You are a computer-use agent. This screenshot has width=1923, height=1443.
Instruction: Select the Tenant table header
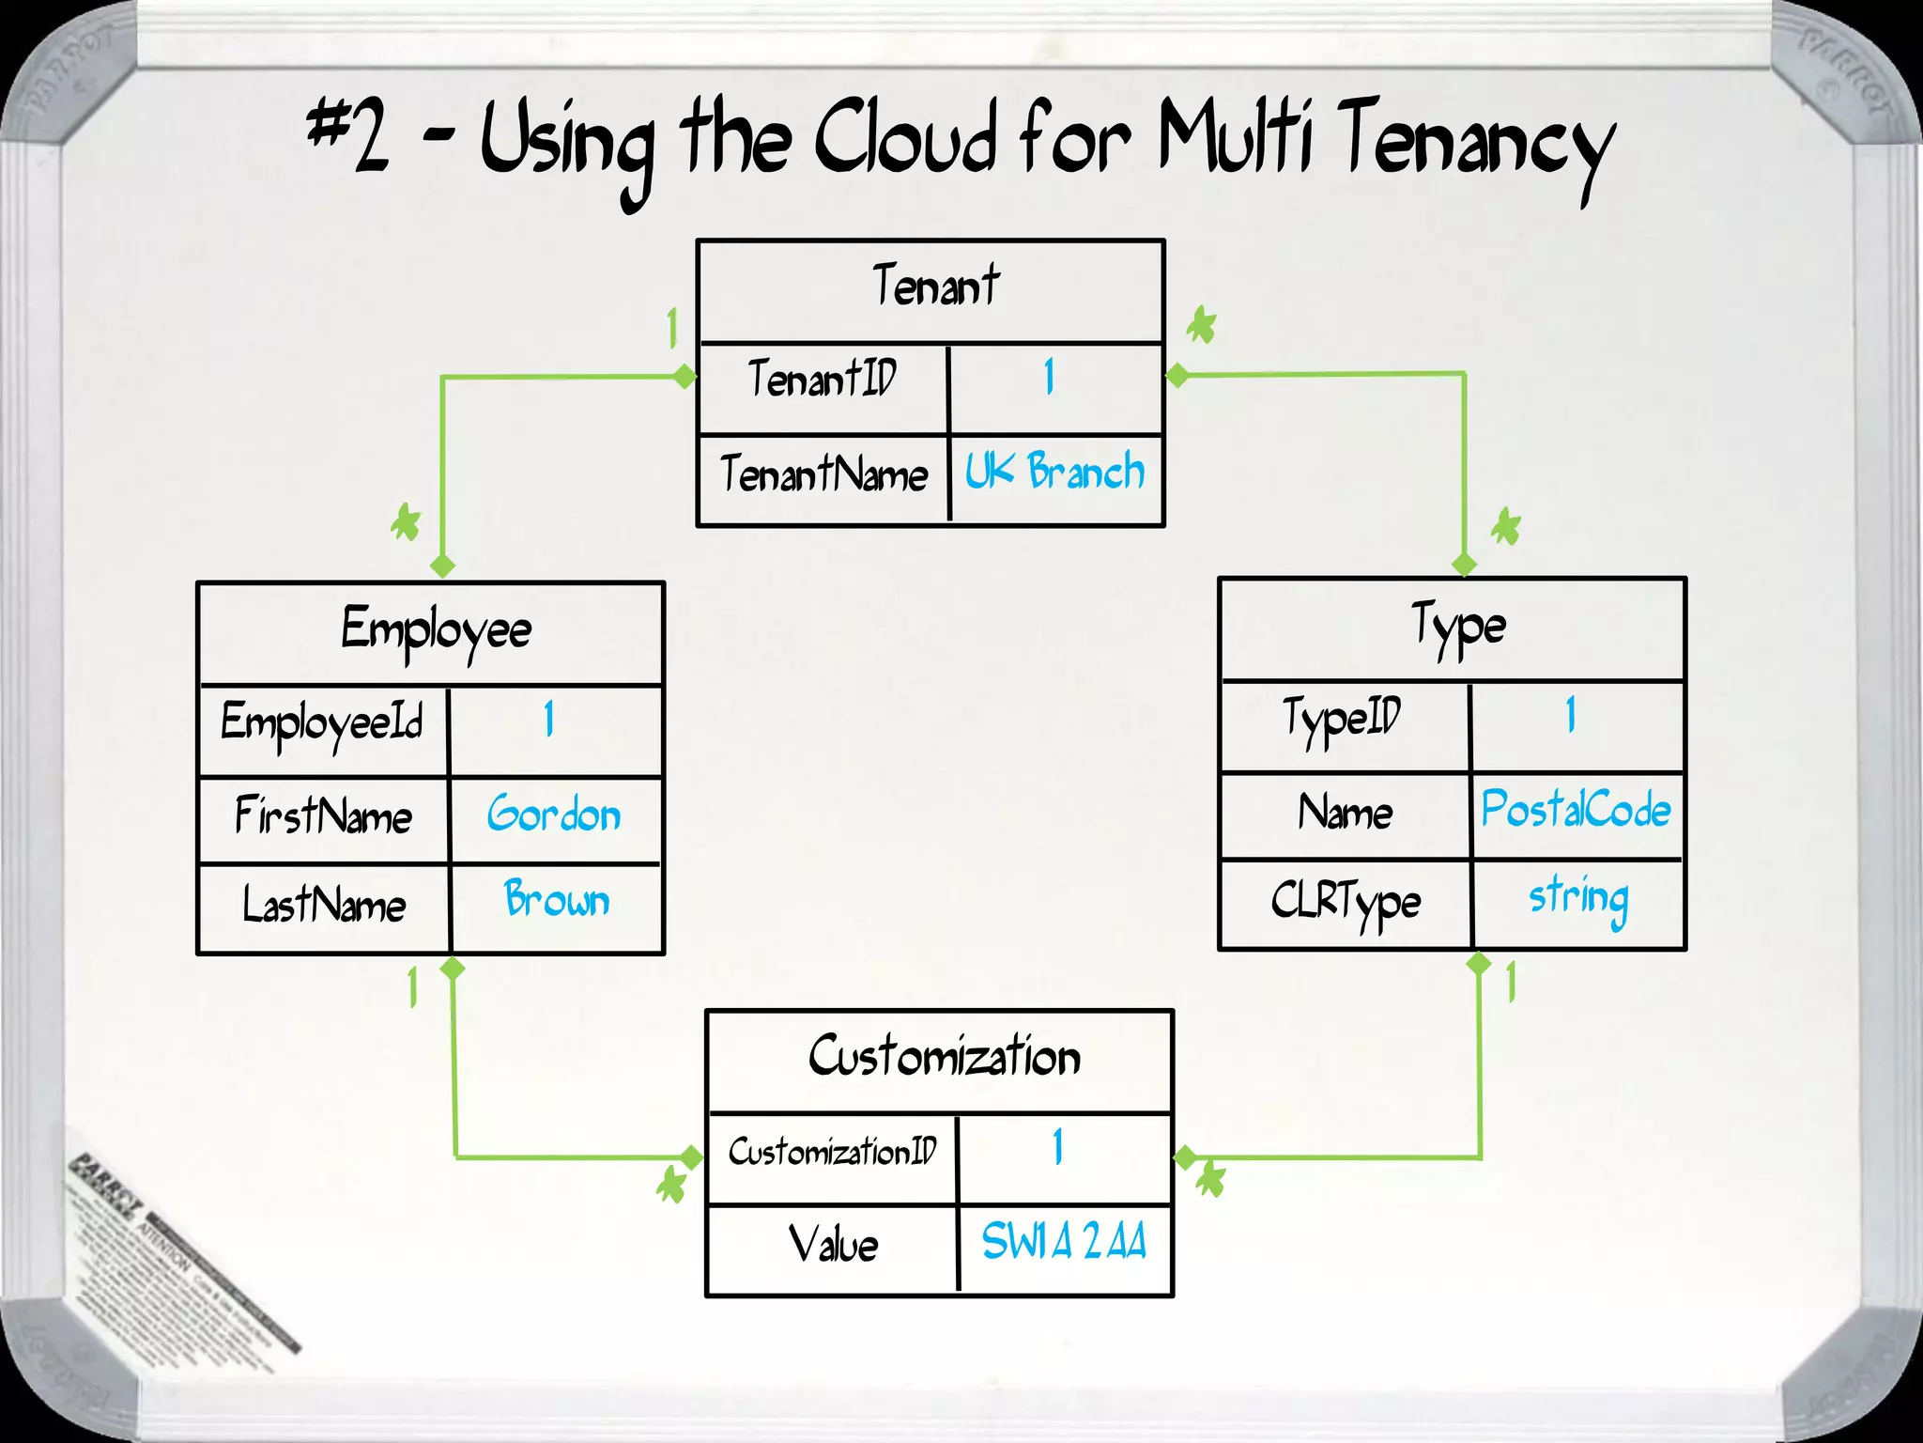tap(934, 287)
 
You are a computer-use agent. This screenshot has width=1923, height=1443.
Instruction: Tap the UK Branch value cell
tap(1054, 472)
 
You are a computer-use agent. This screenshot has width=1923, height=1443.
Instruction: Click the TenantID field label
tap(823, 379)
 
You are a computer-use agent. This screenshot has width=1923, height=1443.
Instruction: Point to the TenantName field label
tap(823, 473)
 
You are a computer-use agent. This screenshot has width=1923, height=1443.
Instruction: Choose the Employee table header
tap(436, 629)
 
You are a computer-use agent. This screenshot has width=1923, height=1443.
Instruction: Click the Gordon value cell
tap(554, 815)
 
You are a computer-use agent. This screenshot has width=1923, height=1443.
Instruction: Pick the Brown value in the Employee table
tap(556, 900)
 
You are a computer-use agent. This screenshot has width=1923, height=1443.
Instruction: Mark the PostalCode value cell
tap(1575, 810)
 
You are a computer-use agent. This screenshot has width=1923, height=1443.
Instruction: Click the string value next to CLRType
tap(1577, 898)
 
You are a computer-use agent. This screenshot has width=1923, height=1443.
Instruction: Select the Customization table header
tap(944, 1057)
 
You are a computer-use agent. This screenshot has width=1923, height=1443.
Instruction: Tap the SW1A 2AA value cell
tap(1063, 1242)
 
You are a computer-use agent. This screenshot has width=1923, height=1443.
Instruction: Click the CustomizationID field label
tap(832, 1152)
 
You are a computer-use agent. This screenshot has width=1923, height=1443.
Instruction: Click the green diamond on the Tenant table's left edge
tap(685, 377)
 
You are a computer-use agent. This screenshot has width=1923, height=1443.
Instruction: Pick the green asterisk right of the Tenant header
tap(1201, 326)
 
